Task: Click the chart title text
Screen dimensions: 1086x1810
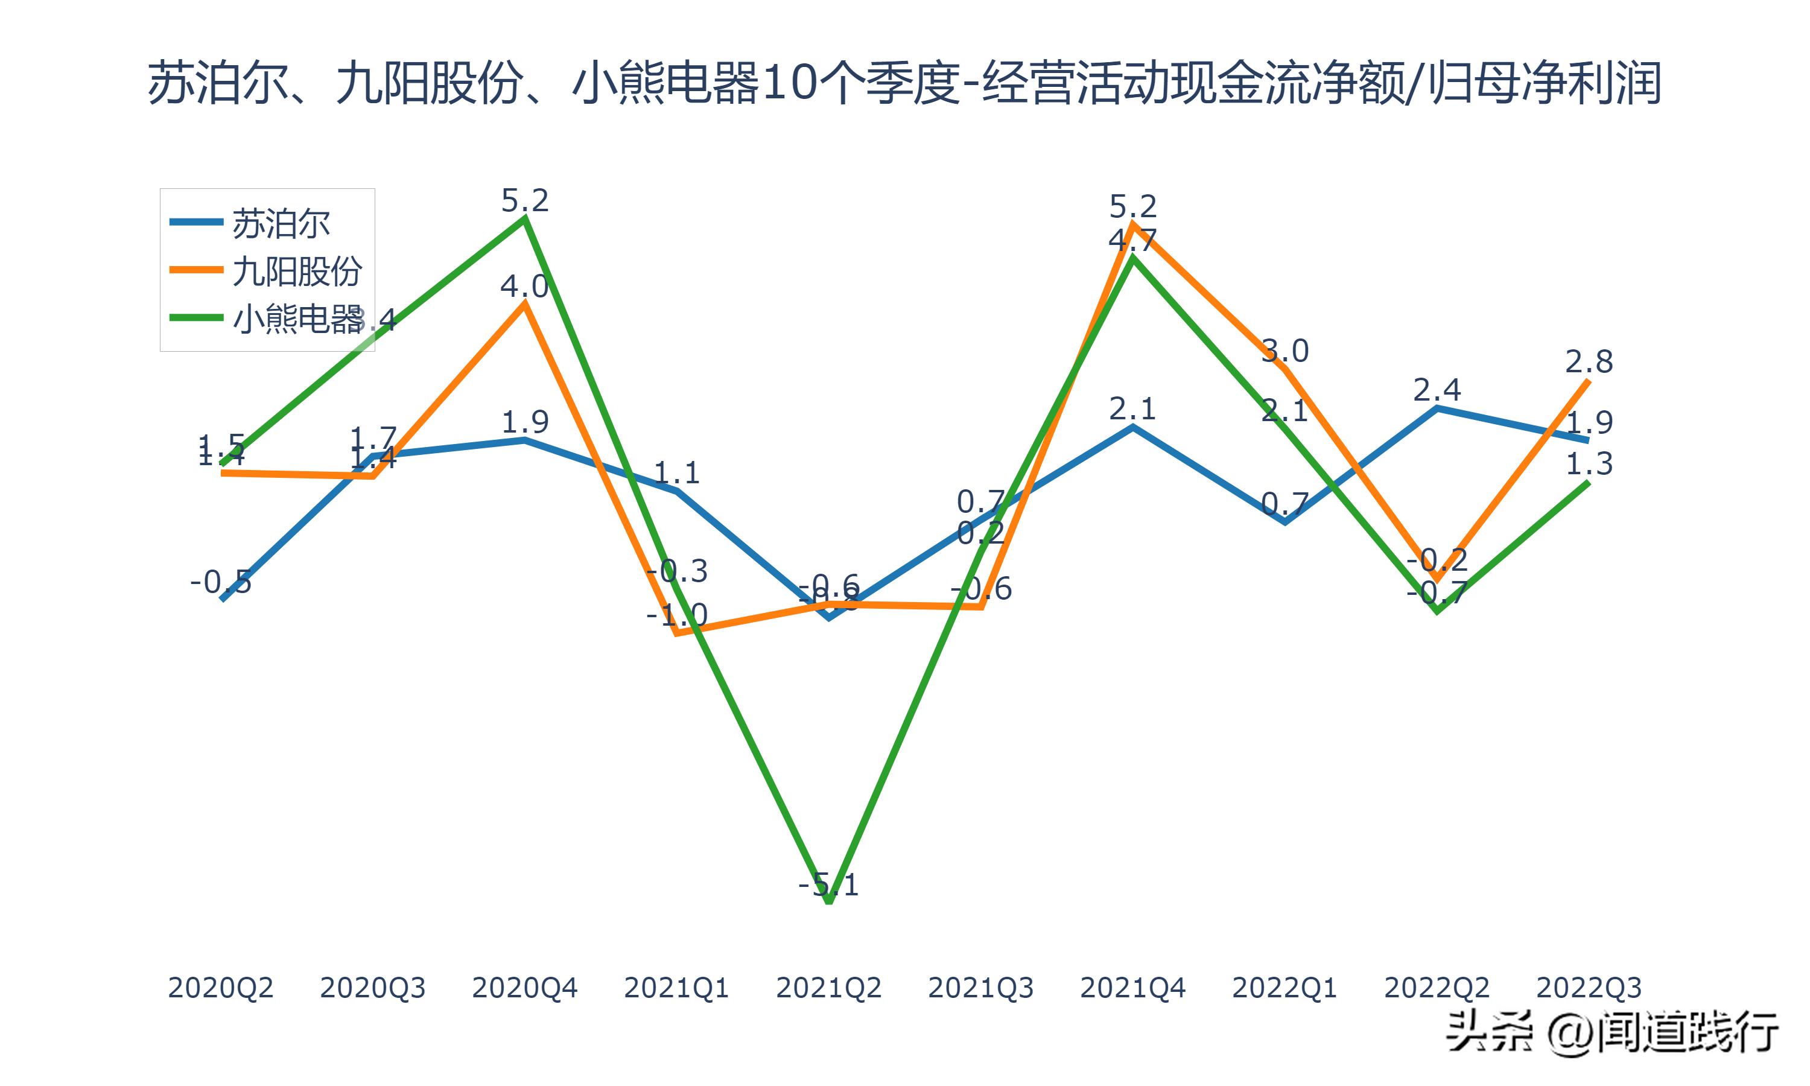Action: point(904,82)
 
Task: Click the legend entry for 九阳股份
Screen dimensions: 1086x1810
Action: point(296,271)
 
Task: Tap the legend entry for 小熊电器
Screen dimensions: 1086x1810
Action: point(296,319)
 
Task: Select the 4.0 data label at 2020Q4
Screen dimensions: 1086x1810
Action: point(524,286)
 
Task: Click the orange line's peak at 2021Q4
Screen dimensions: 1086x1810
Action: point(1132,224)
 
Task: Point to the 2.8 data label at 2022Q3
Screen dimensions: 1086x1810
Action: point(1589,361)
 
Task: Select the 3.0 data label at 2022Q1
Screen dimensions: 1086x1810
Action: point(1284,351)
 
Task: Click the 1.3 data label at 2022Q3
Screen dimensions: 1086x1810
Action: point(1589,463)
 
